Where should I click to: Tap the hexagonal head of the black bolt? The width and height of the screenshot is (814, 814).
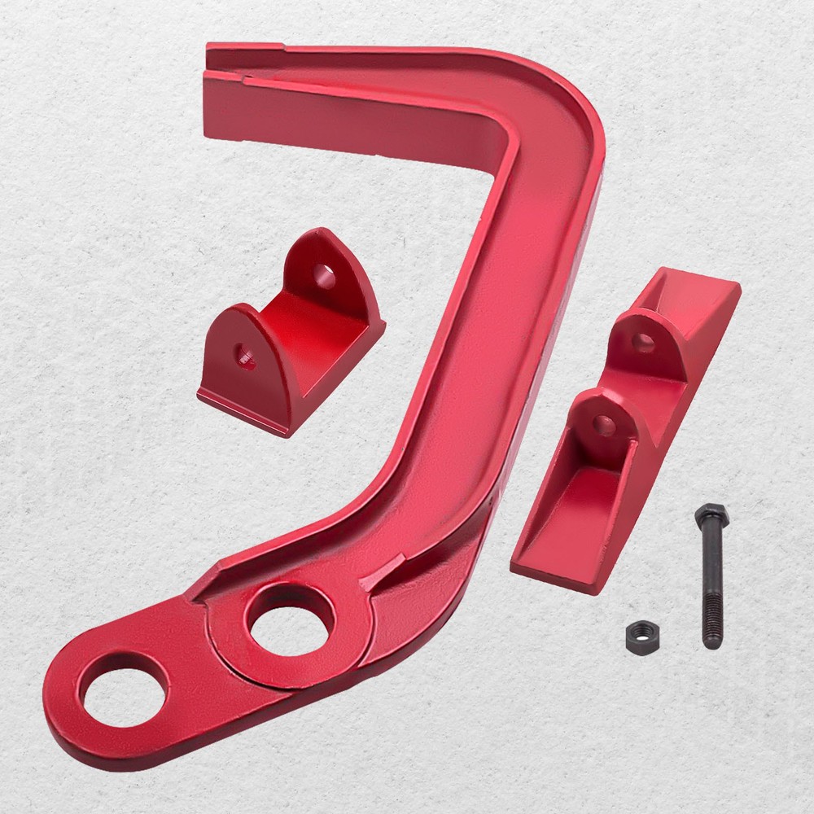(x=711, y=515)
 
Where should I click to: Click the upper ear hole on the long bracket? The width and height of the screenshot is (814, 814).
(x=643, y=342)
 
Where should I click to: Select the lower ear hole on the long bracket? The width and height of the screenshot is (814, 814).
(x=603, y=423)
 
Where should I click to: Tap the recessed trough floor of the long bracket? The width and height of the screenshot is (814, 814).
(x=570, y=513)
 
